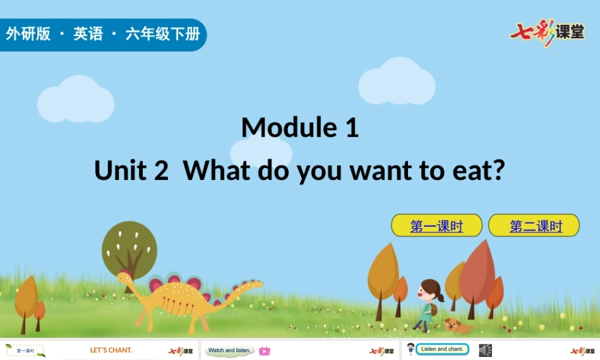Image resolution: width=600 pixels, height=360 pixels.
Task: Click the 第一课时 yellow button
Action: tap(436, 226)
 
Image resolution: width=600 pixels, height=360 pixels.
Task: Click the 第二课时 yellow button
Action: tap(534, 226)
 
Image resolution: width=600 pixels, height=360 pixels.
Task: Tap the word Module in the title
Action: tap(281, 127)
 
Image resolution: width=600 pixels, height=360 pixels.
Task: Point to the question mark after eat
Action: tap(498, 170)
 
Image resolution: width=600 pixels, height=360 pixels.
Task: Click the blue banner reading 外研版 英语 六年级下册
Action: tap(102, 34)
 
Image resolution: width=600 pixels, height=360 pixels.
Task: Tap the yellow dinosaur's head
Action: tap(125, 278)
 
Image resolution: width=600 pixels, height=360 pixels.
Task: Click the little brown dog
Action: tap(454, 326)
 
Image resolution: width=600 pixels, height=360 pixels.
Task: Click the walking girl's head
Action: tap(430, 290)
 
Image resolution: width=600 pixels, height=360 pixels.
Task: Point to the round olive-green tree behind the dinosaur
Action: tap(129, 247)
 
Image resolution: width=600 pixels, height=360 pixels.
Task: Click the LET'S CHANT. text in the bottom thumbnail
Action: tap(111, 350)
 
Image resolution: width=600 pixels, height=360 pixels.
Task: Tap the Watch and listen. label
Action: tap(229, 350)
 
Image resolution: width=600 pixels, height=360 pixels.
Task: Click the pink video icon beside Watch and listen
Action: tap(264, 351)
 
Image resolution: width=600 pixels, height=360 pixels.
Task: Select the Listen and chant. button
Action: tap(442, 349)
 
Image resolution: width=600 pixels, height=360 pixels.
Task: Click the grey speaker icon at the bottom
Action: tap(485, 350)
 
